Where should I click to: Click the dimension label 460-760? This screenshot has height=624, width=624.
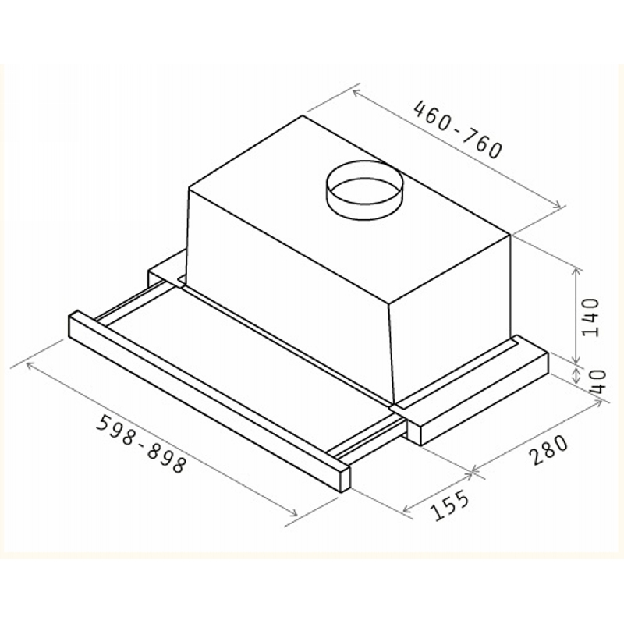pyautogui.click(x=458, y=129)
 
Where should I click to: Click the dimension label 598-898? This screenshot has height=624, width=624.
pyautogui.click(x=141, y=444)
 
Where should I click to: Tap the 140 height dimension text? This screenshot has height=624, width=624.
pyautogui.click(x=590, y=317)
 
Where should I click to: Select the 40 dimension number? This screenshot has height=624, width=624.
pyautogui.click(x=597, y=381)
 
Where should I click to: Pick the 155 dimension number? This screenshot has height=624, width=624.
pyautogui.click(x=451, y=505)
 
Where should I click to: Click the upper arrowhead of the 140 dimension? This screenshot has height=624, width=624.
pyautogui.click(x=576, y=271)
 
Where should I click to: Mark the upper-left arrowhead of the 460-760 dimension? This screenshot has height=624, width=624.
pyautogui.click(x=356, y=93)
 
